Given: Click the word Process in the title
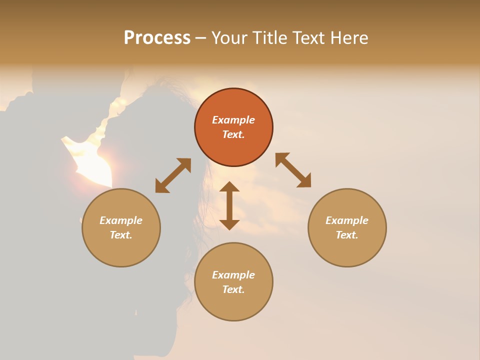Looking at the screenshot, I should tap(157, 38).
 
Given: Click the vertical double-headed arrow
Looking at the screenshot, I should tap(229, 205).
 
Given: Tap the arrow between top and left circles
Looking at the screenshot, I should tap(173, 175).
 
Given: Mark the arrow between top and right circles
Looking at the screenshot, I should tap(293, 170).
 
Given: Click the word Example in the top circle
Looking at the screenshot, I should tap(233, 120).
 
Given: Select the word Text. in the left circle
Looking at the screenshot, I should tap(121, 235).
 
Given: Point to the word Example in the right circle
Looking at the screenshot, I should tap(347, 220).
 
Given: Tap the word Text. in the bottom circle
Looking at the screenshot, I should tap(233, 289).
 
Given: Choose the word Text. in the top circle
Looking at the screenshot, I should tap(233, 134).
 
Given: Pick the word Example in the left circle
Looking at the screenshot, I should tap(121, 220).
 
